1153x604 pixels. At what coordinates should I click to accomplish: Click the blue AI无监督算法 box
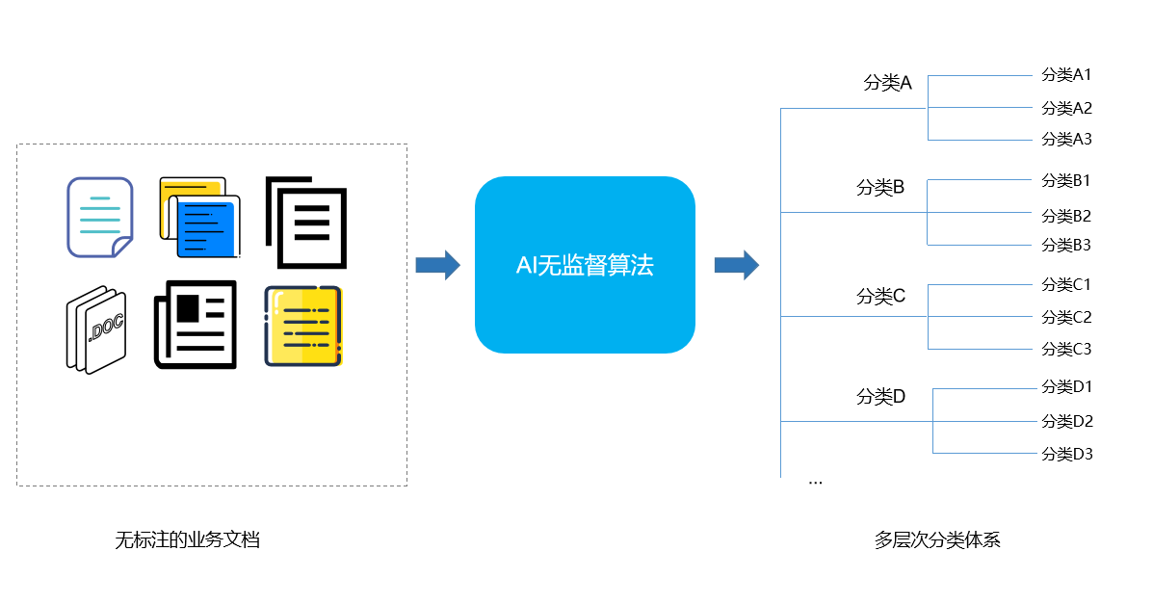585,265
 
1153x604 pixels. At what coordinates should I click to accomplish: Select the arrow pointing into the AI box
437,265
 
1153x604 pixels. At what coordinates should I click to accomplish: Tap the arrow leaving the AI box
736,265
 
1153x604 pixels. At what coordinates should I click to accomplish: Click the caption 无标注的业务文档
188,539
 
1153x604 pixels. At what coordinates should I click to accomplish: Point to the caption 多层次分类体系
937,539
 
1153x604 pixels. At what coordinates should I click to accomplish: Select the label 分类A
887,83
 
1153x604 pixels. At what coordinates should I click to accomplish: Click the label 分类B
880,188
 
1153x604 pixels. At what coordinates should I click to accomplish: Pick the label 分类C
880,297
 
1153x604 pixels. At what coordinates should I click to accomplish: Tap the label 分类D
880,397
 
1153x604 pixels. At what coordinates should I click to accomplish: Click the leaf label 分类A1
1066,74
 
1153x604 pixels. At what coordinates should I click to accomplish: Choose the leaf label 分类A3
1066,139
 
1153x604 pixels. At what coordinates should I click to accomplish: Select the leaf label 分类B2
1066,216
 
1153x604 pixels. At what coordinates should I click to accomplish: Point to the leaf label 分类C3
1066,349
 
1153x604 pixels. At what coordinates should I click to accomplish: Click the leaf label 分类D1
1066,387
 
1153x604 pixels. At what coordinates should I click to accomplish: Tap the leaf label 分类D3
1066,454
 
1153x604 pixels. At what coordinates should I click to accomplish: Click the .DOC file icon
96,329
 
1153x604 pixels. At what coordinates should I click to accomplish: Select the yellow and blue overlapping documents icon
199,218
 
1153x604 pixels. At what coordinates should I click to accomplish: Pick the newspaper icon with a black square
196,324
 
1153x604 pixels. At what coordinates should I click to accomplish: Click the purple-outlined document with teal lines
99,218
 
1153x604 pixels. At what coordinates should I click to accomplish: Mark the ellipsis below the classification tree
815,480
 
